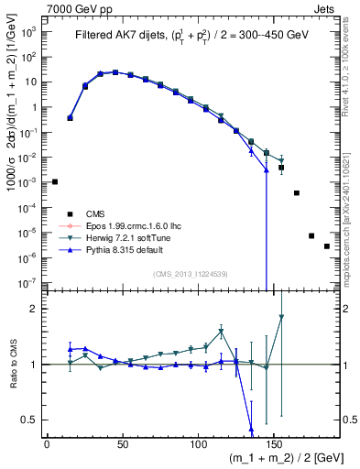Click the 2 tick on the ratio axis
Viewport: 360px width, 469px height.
37,309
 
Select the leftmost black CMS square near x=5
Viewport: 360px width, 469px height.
55,181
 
